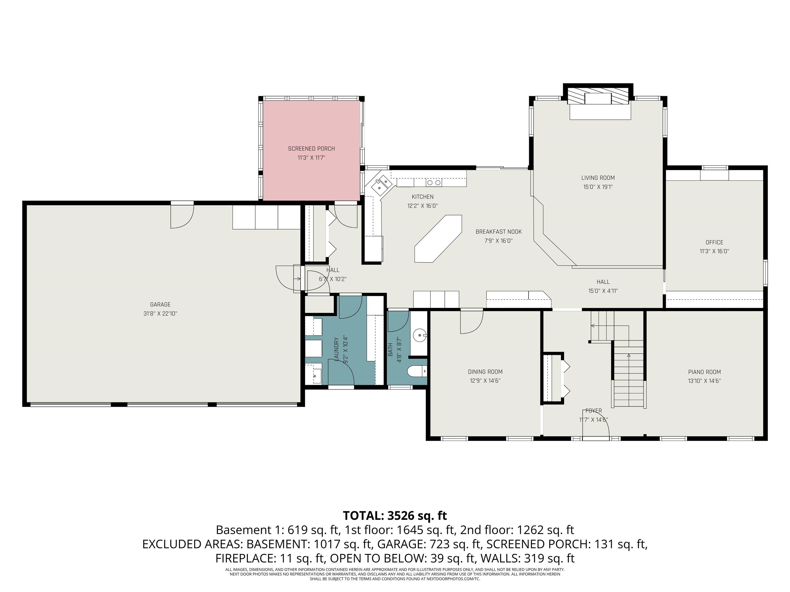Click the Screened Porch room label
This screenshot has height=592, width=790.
[311, 149]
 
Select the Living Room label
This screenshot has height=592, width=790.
[598, 178]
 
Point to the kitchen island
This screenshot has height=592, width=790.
[438, 238]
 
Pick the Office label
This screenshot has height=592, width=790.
[714, 242]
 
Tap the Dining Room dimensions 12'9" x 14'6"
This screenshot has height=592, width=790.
[485, 381]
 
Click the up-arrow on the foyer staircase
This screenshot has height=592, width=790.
[629, 355]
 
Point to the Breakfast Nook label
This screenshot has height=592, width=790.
[499, 232]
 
